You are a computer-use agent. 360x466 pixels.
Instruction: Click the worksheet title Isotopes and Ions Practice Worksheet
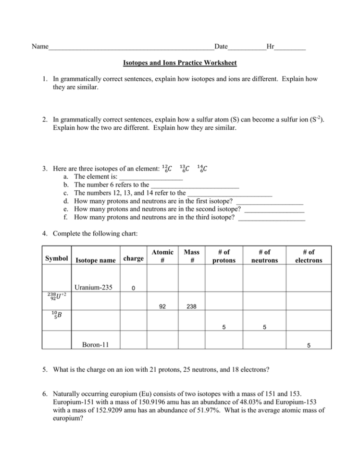[180, 63]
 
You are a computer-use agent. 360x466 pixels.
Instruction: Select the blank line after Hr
[290, 47]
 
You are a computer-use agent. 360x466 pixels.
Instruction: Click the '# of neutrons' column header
[264, 256]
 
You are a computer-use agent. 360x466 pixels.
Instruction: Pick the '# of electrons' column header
[309, 256]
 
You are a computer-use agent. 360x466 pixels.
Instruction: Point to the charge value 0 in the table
[133, 288]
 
